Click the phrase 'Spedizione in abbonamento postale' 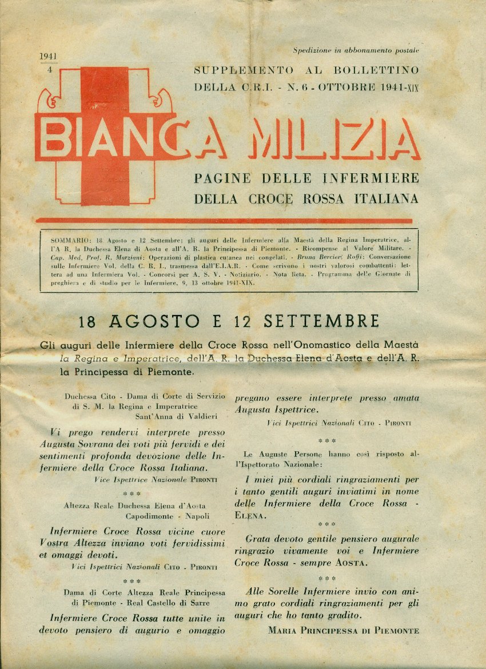[x=356, y=50]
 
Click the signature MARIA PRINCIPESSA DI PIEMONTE [x=343, y=631]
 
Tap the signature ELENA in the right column [x=250, y=515]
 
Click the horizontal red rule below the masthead [x=224, y=221]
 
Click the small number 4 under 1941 [x=42, y=69]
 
